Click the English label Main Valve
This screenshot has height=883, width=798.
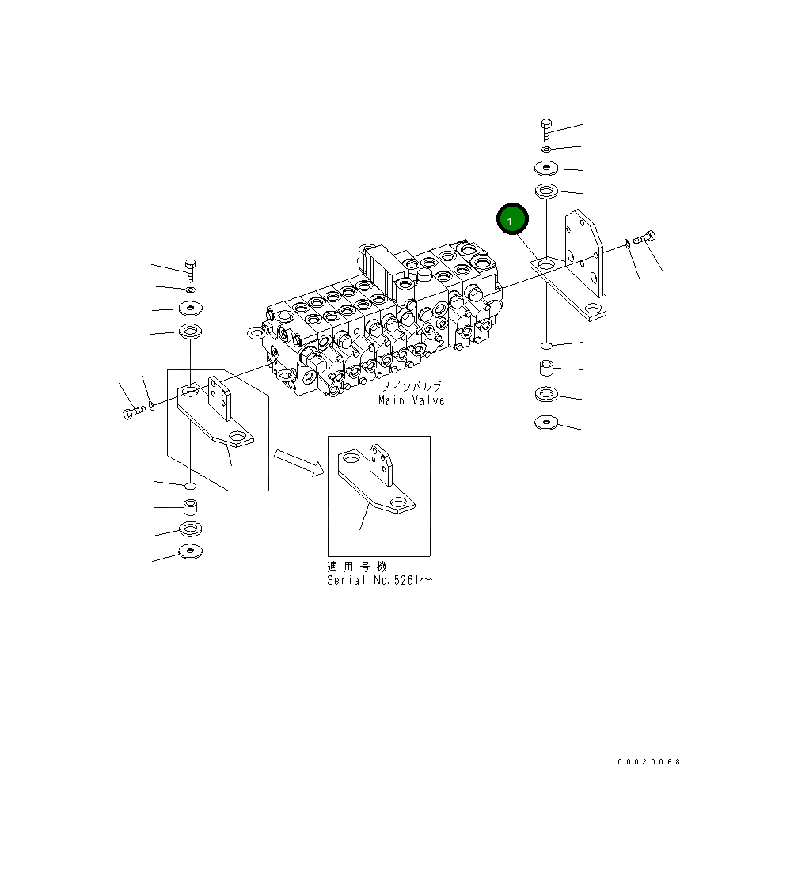point(411,400)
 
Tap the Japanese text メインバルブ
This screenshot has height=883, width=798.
point(412,387)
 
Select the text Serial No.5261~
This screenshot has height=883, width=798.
point(380,581)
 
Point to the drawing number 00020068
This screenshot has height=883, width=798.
point(649,762)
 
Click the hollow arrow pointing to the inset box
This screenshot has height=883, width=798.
point(299,463)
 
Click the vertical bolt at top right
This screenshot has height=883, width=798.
point(546,131)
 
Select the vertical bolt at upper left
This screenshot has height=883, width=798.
point(189,270)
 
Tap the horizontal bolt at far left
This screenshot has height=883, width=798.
point(134,412)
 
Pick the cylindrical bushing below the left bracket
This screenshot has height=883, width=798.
point(190,506)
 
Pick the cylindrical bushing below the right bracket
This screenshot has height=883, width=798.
point(546,369)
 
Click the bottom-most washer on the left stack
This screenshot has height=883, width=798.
point(190,551)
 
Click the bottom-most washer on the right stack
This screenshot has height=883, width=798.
point(546,423)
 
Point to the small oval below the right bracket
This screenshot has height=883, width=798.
point(546,346)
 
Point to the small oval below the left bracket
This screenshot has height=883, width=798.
point(190,484)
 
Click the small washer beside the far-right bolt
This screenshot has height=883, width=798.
point(627,243)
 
